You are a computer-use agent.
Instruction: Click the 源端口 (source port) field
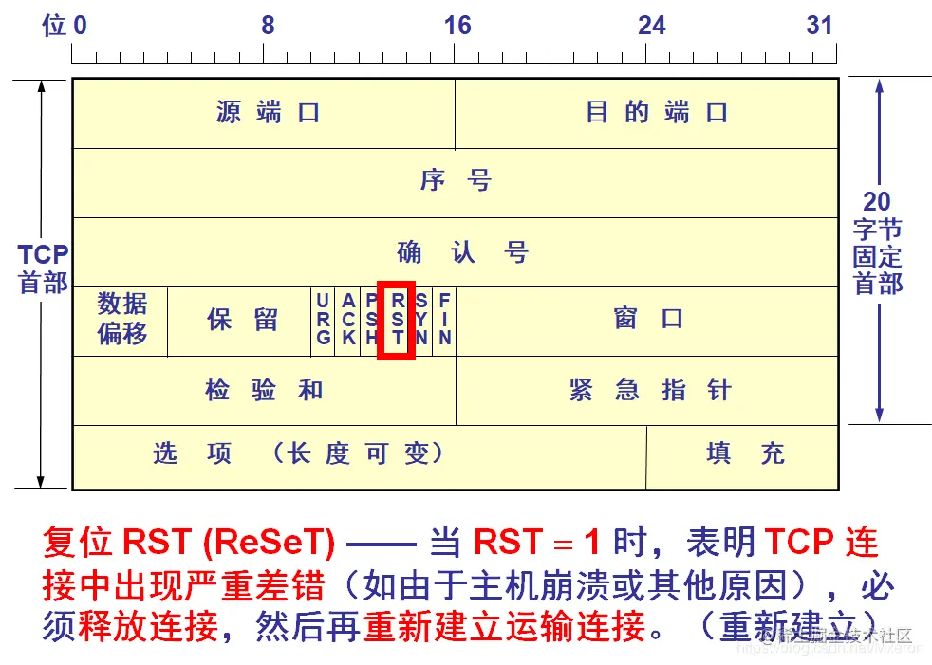[x=267, y=113]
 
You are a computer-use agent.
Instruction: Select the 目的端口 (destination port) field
[x=656, y=113]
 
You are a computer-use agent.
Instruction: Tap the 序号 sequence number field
[x=456, y=180]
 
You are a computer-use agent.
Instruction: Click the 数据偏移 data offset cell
[x=121, y=319]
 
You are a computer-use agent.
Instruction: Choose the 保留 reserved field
[x=242, y=319]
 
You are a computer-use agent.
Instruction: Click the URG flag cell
[x=324, y=319]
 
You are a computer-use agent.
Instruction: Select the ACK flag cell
[x=348, y=319]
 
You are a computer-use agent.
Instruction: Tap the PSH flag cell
[x=371, y=319]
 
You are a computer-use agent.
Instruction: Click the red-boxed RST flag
[x=397, y=319]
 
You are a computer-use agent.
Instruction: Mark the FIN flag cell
[x=444, y=319]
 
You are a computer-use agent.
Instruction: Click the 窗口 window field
[x=648, y=319]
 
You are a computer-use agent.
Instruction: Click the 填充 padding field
[x=745, y=453]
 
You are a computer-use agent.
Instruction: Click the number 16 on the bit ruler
[x=457, y=26]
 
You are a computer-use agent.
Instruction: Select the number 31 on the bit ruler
[x=820, y=26]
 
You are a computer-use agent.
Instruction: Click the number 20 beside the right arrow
[x=877, y=201]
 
